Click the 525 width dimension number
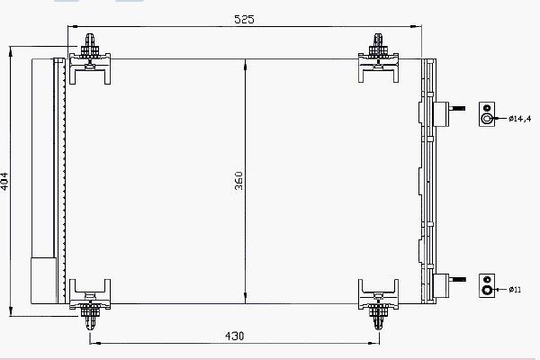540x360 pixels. tap(244, 19)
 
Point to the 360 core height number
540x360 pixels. tap(238, 181)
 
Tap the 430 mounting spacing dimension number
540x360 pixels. tap(234, 336)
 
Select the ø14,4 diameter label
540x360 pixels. tap(519, 119)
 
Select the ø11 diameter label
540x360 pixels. tap(515, 290)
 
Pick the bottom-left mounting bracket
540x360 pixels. tap(90, 303)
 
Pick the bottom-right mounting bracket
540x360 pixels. tap(378, 304)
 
